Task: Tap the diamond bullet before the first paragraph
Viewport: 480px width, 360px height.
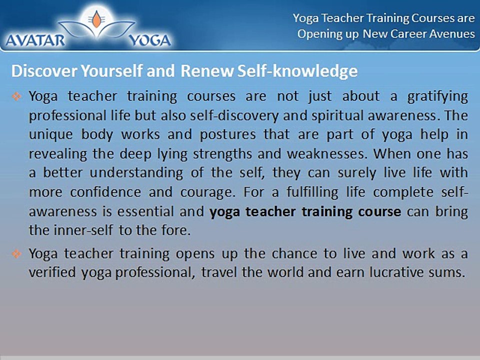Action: [16, 95]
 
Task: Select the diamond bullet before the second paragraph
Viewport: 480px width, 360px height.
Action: [16, 254]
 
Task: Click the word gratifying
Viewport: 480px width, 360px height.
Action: [438, 96]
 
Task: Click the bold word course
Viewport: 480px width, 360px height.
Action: [380, 211]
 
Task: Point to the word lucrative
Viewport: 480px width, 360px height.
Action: [401, 273]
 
